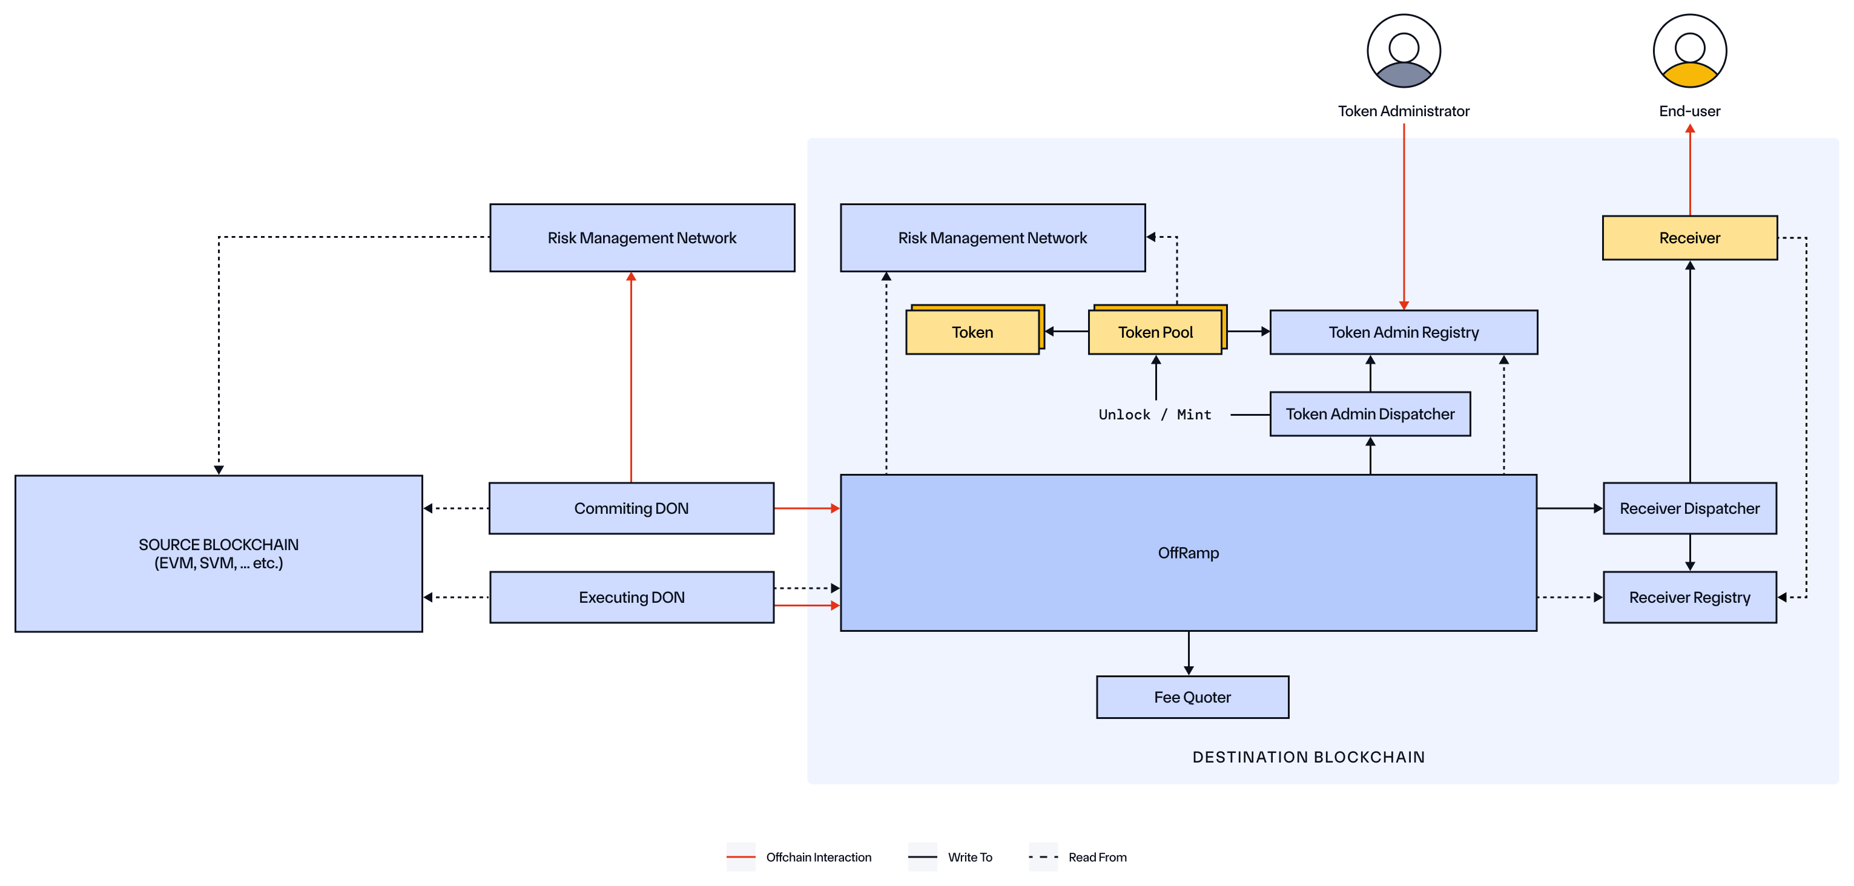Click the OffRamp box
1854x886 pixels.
point(1187,553)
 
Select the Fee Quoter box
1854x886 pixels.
point(1192,696)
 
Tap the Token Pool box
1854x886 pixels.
point(1155,332)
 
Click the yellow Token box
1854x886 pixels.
point(972,332)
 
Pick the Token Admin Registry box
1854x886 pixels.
point(1403,332)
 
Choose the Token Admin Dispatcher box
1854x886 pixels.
point(1369,413)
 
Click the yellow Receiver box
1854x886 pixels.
point(1689,237)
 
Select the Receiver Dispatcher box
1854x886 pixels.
point(1689,508)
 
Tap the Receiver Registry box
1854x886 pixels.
point(1689,597)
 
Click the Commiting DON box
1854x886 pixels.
point(630,508)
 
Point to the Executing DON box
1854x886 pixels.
point(630,597)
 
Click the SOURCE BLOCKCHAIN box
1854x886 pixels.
point(218,553)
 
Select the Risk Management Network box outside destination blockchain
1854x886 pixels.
point(641,237)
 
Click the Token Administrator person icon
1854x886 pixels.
point(1403,50)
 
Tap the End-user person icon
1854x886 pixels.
point(1689,50)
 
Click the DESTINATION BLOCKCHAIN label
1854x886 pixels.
point(1308,756)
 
